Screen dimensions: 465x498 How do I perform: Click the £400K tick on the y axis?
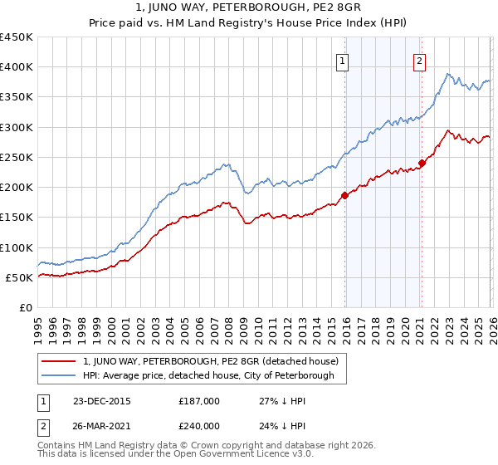click(17, 67)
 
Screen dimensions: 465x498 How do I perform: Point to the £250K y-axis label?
click(17, 157)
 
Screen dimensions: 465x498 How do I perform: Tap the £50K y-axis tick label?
click(20, 277)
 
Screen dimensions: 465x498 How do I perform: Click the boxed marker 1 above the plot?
click(342, 60)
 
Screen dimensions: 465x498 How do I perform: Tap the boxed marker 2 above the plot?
click(420, 60)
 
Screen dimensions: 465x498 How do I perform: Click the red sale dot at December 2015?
click(344, 196)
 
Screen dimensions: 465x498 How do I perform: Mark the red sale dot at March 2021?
click(422, 164)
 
